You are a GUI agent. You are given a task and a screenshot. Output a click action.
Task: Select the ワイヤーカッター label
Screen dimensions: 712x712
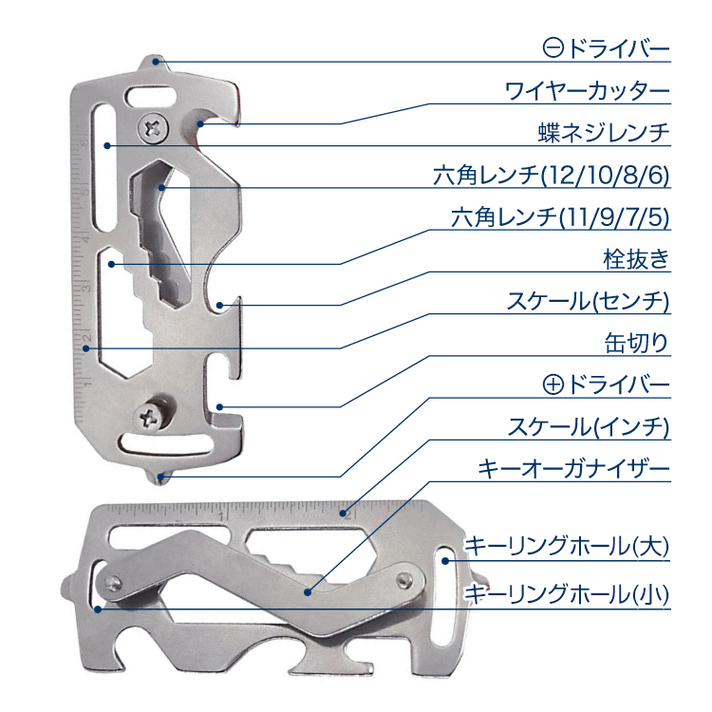pos(587,92)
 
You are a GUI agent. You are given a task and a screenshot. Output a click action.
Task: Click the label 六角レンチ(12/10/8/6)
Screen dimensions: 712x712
pos(551,176)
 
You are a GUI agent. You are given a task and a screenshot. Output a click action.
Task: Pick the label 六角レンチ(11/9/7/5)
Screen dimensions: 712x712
pos(560,217)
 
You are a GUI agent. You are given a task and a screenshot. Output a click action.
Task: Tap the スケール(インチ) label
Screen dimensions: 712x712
pos(588,427)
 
